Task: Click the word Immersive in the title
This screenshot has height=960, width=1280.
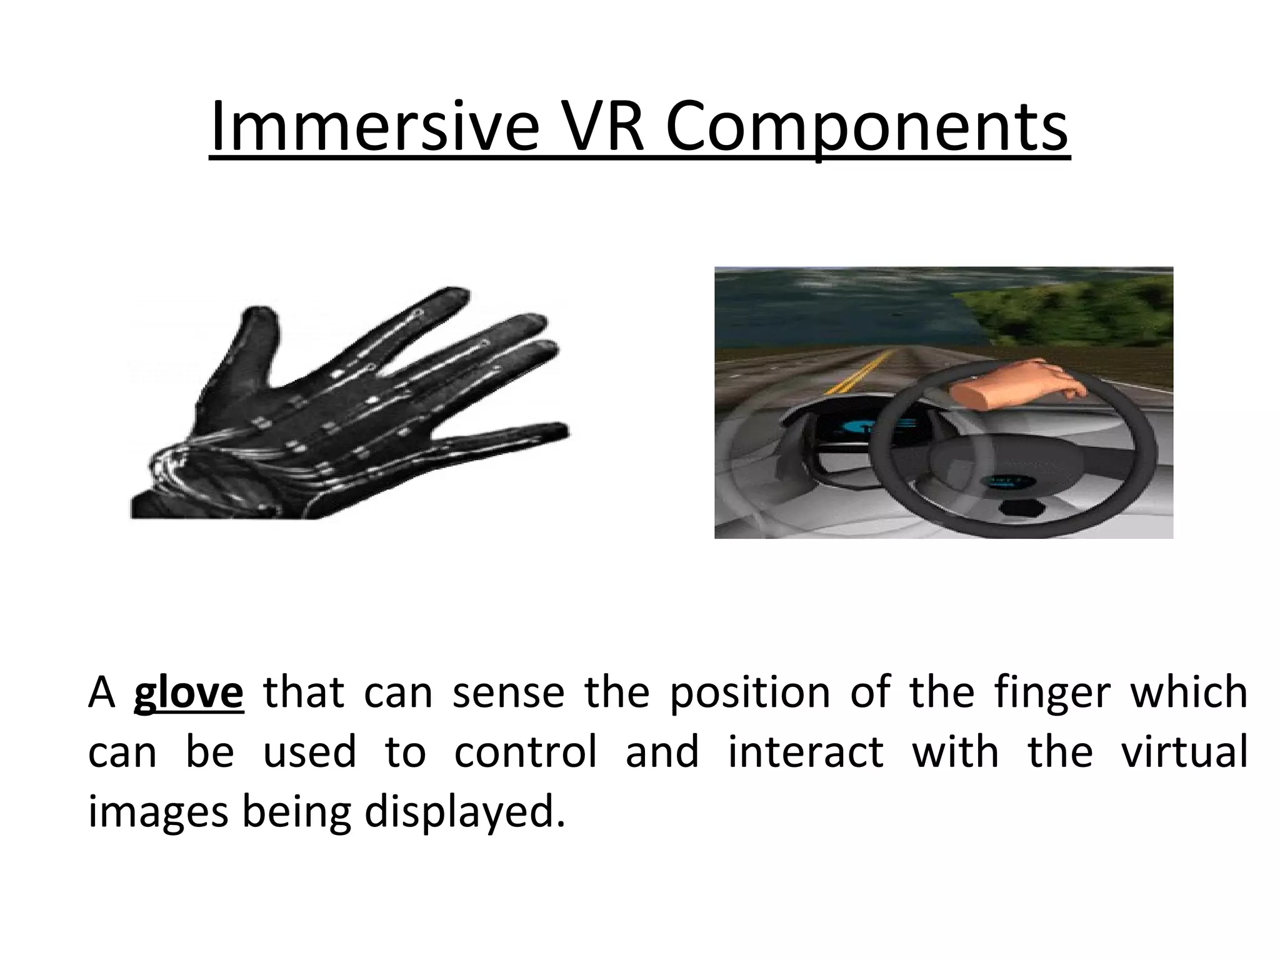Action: [374, 130]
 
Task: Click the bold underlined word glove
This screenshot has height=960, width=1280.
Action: [188, 692]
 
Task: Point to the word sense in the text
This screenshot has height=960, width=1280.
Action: [508, 692]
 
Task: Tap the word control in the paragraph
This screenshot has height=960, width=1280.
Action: [525, 752]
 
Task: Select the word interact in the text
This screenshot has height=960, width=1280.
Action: [805, 752]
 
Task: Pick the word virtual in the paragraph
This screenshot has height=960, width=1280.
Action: [1184, 752]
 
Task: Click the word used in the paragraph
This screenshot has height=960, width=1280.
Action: [309, 752]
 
